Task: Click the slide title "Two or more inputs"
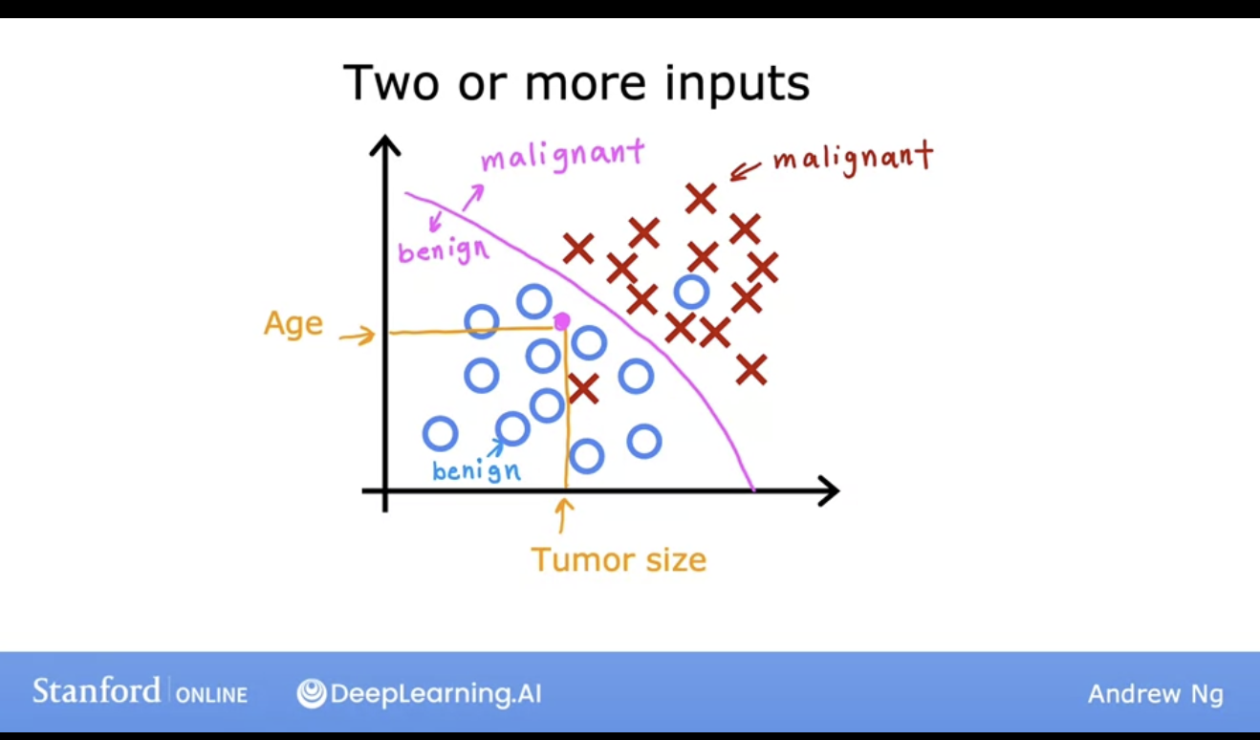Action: [576, 83]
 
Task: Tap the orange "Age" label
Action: [293, 323]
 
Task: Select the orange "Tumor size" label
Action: [619, 560]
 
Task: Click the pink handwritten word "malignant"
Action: [563, 155]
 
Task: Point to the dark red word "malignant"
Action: [854, 159]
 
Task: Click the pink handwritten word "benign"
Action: [444, 250]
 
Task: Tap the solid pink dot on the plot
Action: [561, 321]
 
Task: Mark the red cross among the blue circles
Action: [583, 388]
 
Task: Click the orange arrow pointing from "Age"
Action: [358, 336]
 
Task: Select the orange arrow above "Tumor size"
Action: [562, 515]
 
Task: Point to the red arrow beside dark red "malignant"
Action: [745, 171]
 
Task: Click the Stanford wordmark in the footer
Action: [97, 691]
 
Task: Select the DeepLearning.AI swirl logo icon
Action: [312, 693]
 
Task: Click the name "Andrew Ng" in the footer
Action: [1156, 694]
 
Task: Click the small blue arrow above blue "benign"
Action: [496, 448]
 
